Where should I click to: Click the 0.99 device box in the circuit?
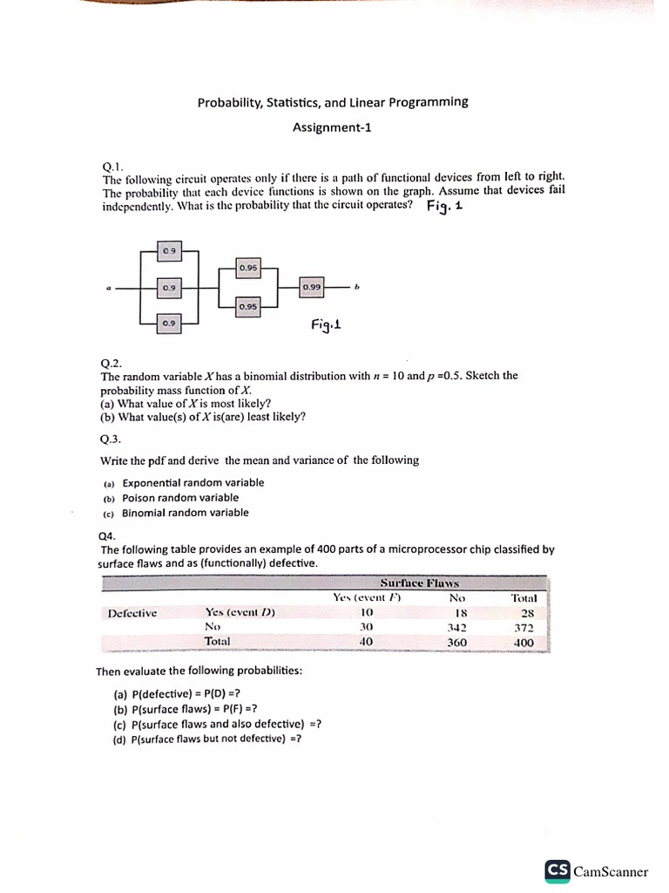click(x=312, y=286)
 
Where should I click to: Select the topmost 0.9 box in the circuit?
click(x=169, y=251)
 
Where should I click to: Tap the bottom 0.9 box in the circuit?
click(x=169, y=323)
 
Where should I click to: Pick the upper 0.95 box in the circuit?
click(x=248, y=268)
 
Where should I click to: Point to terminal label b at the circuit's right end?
click(x=356, y=286)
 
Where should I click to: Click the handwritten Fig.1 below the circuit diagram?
click(x=326, y=324)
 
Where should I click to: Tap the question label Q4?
click(x=108, y=535)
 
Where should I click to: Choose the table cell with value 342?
click(x=456, y=627)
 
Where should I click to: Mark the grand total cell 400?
click(x=524, y=642)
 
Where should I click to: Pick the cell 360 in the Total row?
click(x=456, y=642)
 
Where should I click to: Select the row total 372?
click(x=524, y=627)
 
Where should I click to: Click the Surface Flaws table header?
click(x=419, y=583)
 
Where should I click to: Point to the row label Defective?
click(x=132, y=612)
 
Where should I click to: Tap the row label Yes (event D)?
click(x=240, y=612)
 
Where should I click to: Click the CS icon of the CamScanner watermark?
click(x=557, y=870)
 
